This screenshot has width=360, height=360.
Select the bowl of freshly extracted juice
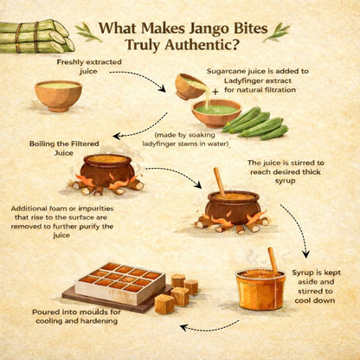coord(59,94)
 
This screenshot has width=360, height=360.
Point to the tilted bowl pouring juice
coord(190,85)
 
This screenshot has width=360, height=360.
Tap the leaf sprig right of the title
coord(279,33)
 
